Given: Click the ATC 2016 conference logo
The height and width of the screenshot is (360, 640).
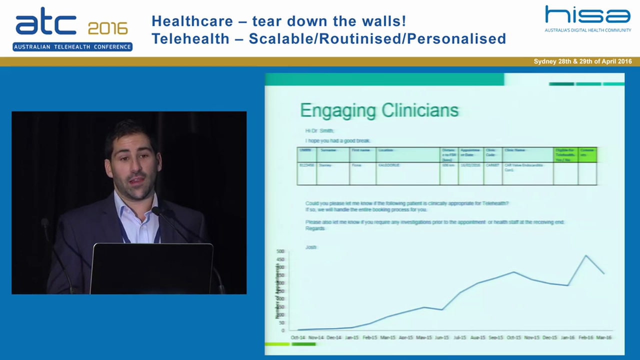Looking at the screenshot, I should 72,29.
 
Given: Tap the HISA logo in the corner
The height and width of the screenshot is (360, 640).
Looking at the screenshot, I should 587,18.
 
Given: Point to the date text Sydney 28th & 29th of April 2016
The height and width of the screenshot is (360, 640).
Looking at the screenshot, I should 582,61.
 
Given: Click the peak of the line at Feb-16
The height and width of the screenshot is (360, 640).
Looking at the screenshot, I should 586,255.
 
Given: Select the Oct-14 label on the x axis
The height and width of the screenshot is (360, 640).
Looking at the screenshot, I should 298,337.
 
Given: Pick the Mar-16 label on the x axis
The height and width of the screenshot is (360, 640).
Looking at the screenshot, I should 604,337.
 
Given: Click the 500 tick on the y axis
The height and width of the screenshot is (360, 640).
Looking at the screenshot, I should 280,251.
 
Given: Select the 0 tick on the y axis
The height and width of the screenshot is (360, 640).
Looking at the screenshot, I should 282,330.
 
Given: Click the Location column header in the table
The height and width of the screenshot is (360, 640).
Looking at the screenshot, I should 386,150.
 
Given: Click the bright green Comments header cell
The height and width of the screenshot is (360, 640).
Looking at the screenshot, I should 587,154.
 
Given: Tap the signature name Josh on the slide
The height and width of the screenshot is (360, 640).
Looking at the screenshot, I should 311,247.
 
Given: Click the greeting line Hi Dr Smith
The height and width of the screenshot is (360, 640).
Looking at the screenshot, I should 320,131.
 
